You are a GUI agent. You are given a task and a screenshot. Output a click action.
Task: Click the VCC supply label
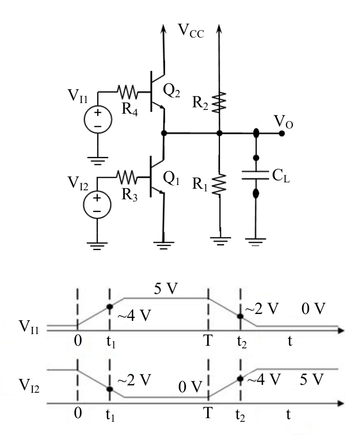point(191,31)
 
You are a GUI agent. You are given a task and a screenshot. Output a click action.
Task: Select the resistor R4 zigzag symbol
point(127,92)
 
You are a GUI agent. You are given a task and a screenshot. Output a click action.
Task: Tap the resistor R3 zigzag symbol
point(127,177)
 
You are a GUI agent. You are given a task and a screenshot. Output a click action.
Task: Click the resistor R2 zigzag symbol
point(219,102)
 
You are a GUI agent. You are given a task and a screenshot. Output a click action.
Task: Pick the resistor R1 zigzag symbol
point(219,184)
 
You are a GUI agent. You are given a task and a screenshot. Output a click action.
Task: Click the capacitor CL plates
point(255,175)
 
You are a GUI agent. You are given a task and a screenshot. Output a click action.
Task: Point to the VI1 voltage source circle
point(98,119)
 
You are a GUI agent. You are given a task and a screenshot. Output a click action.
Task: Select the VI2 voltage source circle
point(97,205)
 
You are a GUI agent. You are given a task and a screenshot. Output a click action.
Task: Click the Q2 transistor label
point(171,91)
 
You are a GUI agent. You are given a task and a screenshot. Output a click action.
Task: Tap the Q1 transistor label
point(171,179)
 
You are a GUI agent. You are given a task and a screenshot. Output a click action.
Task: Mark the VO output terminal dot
point(281,133)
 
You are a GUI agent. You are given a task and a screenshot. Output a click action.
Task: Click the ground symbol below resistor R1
point(220,241)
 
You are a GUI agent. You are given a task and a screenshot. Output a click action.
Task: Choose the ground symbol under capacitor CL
point(255,242)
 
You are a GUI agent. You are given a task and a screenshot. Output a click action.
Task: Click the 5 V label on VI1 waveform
point(166,289)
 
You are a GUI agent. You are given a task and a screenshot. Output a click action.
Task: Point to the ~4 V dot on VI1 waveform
point(110,307)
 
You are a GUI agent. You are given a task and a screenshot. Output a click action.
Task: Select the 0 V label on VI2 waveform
point(190,387)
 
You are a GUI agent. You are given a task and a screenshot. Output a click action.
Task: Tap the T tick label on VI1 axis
point(208,341)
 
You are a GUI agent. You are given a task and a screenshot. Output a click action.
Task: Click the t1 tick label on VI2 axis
point(110,416)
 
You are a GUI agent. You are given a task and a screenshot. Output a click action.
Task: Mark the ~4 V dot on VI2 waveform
point(240,379)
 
